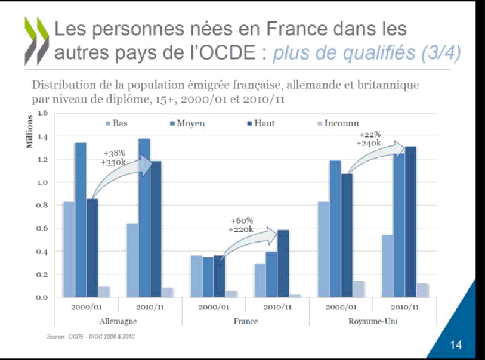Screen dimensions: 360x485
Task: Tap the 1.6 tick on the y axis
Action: pyautogui.click(x=42, y=113)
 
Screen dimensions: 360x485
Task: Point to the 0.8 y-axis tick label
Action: pyautogui.click(x=42, y=205)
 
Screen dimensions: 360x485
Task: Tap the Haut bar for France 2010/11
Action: pyautogui.click(x=283, y=263)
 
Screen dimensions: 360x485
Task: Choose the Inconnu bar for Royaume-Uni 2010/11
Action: pyautogui.click(x=423, y=290)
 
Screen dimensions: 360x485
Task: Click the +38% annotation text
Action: pyautogui.click(x=114, y=153)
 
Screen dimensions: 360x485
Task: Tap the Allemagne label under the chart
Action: pyautogui.click(x=118, y=321)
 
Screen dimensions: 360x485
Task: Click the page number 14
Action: pyautogui.click(x=456, y=345)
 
